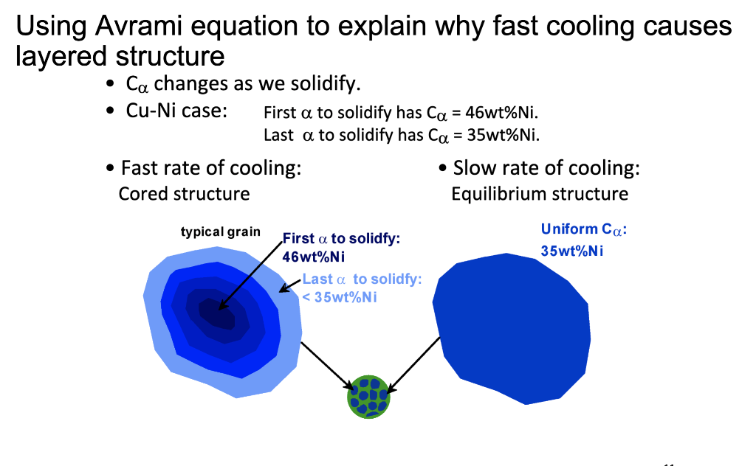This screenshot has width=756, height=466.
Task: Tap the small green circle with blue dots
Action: (x=368, y=396)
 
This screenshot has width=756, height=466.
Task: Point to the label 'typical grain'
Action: (x=220, y=232)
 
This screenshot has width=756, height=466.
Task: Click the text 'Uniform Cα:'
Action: (x=583, y=230)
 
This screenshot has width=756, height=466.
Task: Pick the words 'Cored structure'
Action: (x=184, y=194)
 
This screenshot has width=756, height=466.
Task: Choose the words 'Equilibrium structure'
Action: (x=539, y=194)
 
